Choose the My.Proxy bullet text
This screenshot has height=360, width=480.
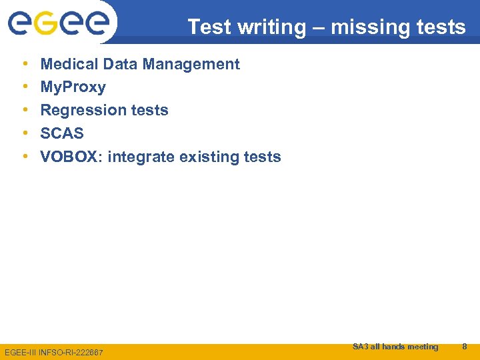pyautogui.click(x=73, y=87)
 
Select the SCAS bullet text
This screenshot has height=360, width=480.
pyautogui.click(x=62, y=133)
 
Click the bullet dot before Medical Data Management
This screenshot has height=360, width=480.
pyautogui.click(x=25, y=64)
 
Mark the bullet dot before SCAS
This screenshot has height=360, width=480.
pyautogui.click(x=25, y=133)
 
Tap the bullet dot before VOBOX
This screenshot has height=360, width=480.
pyautogui.click(x=25, y=157)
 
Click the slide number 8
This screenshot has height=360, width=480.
pyautogui.click(x=465, y=346)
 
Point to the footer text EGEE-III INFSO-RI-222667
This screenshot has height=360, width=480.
pyautogui.click(x=54, y=351)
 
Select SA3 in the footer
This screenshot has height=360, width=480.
pyautogui.click(x=360, y=346)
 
